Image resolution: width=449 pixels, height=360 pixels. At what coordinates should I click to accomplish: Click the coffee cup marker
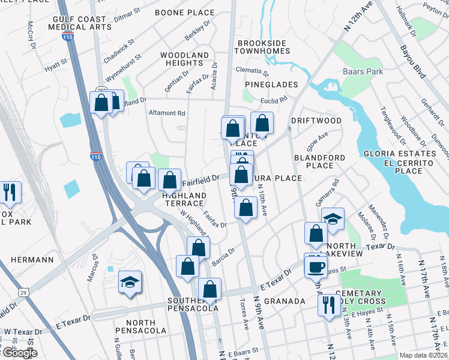point(316,266)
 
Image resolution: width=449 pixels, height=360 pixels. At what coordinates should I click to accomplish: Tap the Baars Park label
point(363,72)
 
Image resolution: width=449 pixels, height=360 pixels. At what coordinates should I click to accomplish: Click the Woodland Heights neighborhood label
point(185,59)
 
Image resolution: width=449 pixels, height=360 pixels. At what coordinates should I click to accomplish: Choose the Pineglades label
point(271,85)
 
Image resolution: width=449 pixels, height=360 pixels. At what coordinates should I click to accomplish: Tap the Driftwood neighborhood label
point(316,121)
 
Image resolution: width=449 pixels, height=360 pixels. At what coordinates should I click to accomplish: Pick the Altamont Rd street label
point(167,113)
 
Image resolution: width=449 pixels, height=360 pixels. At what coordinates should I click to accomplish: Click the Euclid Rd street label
point(274,100)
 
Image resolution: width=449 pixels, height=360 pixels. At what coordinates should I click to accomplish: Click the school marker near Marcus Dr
point(129,282)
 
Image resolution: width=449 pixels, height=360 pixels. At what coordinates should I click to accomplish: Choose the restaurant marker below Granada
point(328,304)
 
